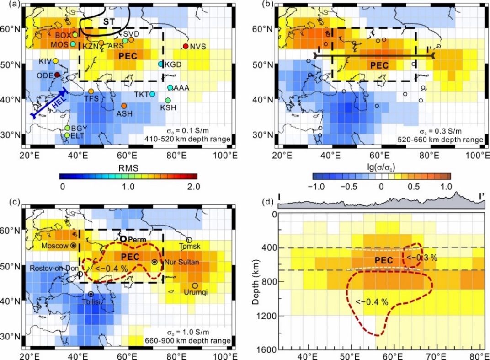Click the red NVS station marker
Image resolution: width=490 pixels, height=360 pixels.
pyautogui.click(x=185, y=46)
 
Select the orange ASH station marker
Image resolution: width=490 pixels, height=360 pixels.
pyautogui.click(x=124, y=106)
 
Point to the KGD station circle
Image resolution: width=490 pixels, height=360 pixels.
pyautogui.click(x=160, y=64)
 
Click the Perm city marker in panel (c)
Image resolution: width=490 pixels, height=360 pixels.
pyautogui.click(x=123, y=239)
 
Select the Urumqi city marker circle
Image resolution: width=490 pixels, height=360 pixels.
pyautogui.click(x=195, y=285)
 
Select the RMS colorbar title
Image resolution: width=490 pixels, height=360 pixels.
pyautogui.click(x=129, y=168)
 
